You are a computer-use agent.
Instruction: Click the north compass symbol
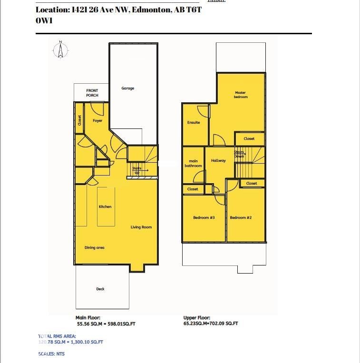(x=60, y=50)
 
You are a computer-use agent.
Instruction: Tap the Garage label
(x=127, y=88)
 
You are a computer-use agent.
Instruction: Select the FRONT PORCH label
(x=92, y=93)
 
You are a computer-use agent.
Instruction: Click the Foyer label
(x=97, y=121)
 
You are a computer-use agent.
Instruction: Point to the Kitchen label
(x=105, y=207)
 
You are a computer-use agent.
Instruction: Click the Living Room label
(x=141, y=227)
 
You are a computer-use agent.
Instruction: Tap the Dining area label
(x=94, y=248)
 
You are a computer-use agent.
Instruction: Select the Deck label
(x=100, y=289)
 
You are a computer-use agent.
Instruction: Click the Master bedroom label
(x=241, y=95)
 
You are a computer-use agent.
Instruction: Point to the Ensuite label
(x=194, y=123)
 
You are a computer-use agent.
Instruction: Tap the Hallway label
(x=218, y=161)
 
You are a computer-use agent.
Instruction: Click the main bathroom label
(x=193, y=164)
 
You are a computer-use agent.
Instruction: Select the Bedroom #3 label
(x=204, y=218)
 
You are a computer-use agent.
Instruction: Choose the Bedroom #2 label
(x=241, y=218)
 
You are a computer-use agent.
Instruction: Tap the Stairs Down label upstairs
(x=239, y=154)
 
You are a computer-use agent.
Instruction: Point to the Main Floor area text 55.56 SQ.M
(x=106, y=324)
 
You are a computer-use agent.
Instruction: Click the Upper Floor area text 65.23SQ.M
(x=211, y=324)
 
